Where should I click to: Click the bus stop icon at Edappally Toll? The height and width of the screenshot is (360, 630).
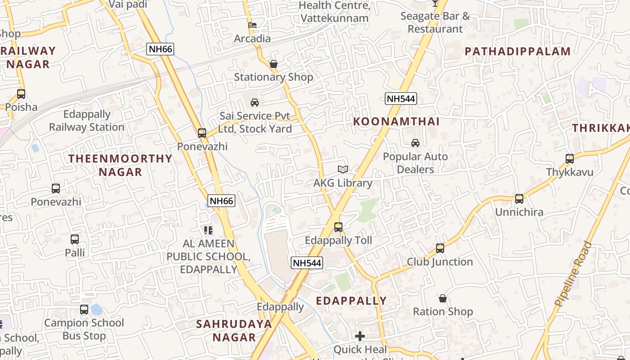tap(338, 227)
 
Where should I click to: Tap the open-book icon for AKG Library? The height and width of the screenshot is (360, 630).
tap(343, 170)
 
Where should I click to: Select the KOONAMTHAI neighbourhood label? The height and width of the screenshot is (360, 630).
tap(396, 121)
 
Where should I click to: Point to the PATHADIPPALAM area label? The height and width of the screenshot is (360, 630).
tap(517, 51)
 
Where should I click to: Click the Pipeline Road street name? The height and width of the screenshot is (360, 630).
tap(574, 274)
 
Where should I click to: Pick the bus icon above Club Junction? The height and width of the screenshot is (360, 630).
tap(440, 248)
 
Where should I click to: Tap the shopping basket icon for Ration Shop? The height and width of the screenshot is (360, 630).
tap(443, 298)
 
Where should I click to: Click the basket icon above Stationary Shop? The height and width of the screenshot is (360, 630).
tap(273, 64)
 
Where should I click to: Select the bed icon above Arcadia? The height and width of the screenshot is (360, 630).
tap(252, 25)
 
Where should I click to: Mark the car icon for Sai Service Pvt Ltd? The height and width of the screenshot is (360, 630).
tap(255, 103)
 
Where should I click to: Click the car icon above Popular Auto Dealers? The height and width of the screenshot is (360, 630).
tap(415, 143)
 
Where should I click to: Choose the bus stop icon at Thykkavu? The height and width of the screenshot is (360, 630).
tap(570, 159)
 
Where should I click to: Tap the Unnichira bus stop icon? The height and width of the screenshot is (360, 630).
tap(519, 198)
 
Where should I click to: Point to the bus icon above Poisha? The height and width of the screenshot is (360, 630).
tap(21, 94)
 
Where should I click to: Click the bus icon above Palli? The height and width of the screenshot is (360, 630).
tap(75, 239)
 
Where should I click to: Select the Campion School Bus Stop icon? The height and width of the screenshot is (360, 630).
tap(84, 310)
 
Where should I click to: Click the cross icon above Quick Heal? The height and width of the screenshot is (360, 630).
tap(360, 336)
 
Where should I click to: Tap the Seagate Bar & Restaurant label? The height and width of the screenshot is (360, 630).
tap(435, 22)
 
